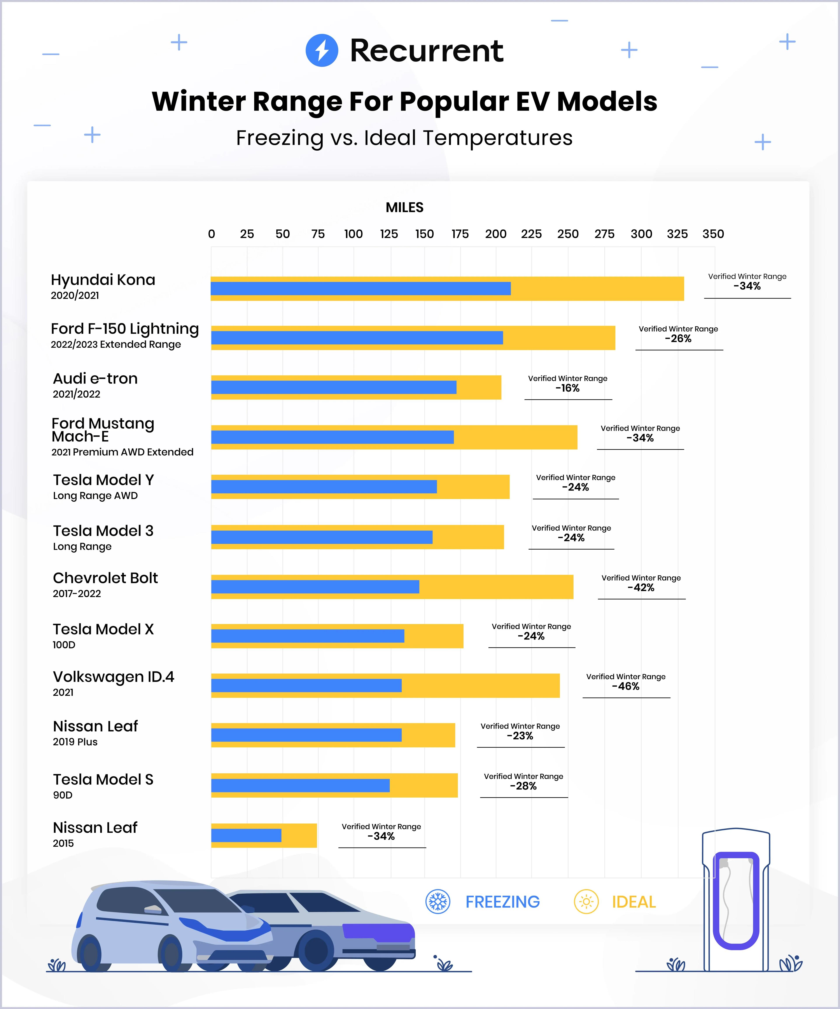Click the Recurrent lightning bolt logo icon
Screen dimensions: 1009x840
point(322,50)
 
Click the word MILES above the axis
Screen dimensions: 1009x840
point(404,207)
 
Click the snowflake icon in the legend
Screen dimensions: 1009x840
point(437,902)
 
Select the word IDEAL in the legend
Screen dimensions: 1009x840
point(633,902)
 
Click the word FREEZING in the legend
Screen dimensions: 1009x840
point(502,902)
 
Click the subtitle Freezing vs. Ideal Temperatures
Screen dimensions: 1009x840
point(404,138)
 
